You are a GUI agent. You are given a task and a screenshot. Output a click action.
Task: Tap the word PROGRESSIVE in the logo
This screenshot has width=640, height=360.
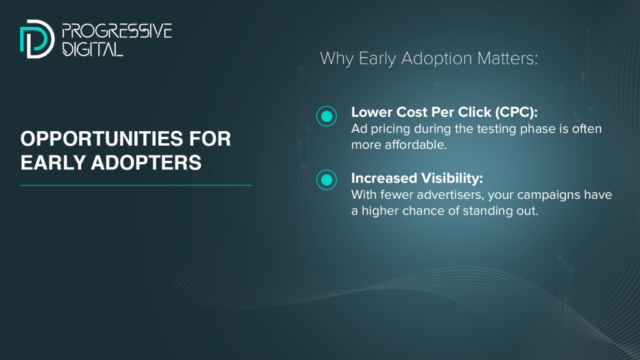click(117, 31)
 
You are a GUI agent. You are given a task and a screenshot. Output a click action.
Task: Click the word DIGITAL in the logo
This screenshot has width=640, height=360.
click(92, 49)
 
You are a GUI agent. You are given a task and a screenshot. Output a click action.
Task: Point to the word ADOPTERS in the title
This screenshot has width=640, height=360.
click(146, 162)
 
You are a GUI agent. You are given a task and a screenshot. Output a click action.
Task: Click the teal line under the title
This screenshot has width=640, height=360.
click(136, 185)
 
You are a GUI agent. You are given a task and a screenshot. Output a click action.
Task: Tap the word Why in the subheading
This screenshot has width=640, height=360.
click(337, 58)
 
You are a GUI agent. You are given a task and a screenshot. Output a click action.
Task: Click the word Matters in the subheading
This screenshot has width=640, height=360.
click(507, 58)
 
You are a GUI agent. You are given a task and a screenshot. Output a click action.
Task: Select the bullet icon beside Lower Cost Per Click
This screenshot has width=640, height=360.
click(326, 116)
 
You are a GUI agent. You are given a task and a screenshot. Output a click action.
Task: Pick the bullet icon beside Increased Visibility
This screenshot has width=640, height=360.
click(326, 179)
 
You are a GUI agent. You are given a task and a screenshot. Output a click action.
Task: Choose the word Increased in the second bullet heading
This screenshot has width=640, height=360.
click(384, 178)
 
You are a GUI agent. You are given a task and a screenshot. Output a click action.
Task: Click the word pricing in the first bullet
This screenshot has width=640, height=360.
click(391, 129)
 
